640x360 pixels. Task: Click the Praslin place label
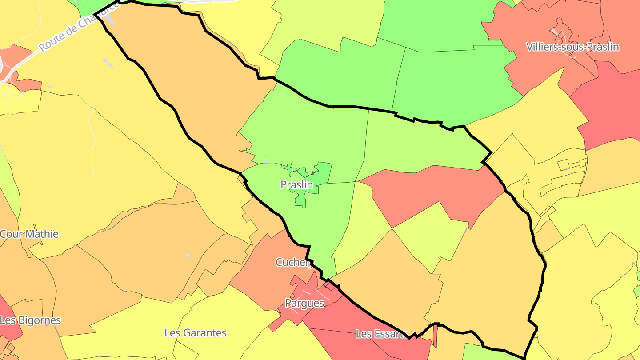(x=296, y=184)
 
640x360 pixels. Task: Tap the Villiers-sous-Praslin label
(x=572, y=47)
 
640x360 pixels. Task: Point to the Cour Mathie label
(x=29, y=234)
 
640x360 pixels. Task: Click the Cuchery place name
(x=294, y=262)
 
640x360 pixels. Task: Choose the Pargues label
(x=304, y=303)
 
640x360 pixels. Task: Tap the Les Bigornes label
(x=30, y=320)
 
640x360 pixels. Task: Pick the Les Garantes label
(x=195, y=332)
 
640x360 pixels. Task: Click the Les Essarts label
(x=381, y=334)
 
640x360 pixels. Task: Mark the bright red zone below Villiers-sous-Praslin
(x=609, y=107)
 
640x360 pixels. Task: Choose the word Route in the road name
(x=50, y=43)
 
